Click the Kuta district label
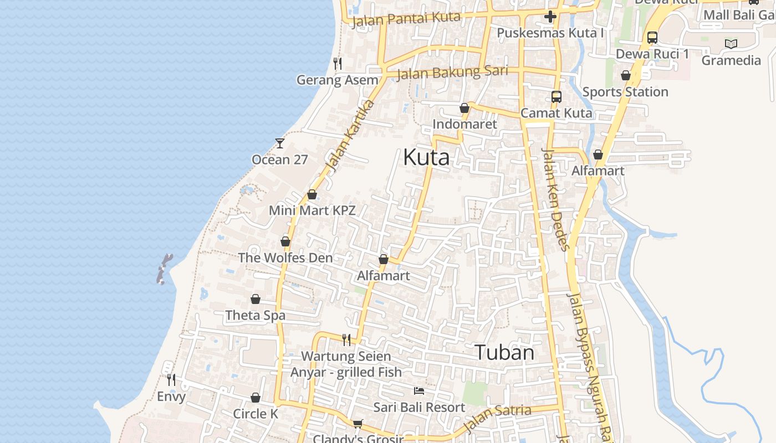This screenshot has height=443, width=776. tap(426, 157)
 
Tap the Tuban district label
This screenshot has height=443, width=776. tap(504, 353)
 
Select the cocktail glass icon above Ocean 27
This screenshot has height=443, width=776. tap(280, 143)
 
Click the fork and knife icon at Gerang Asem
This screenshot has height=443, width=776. tap(338, 64)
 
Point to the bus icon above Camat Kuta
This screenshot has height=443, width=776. tap(557, 97)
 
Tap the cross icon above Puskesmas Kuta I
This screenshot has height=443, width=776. tap(550, 17)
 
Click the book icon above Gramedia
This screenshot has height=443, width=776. tap(731, 44)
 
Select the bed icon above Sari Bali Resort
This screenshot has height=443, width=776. tap(420, 391)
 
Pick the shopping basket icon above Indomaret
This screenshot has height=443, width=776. tap(464, 108)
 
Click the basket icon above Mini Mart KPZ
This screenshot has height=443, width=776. tap(312, 195)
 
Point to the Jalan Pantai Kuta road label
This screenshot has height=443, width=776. tap(406, 18)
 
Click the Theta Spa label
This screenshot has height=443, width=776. tap(256, 316)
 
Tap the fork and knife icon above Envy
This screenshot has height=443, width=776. tap(171, 380)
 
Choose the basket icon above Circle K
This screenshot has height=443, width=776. tap(256, 398)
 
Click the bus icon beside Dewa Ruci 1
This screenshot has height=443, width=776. tap(652, 38)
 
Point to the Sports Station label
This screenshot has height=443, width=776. tap(625, 92)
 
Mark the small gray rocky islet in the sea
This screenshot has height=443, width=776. tap(164, 269)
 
